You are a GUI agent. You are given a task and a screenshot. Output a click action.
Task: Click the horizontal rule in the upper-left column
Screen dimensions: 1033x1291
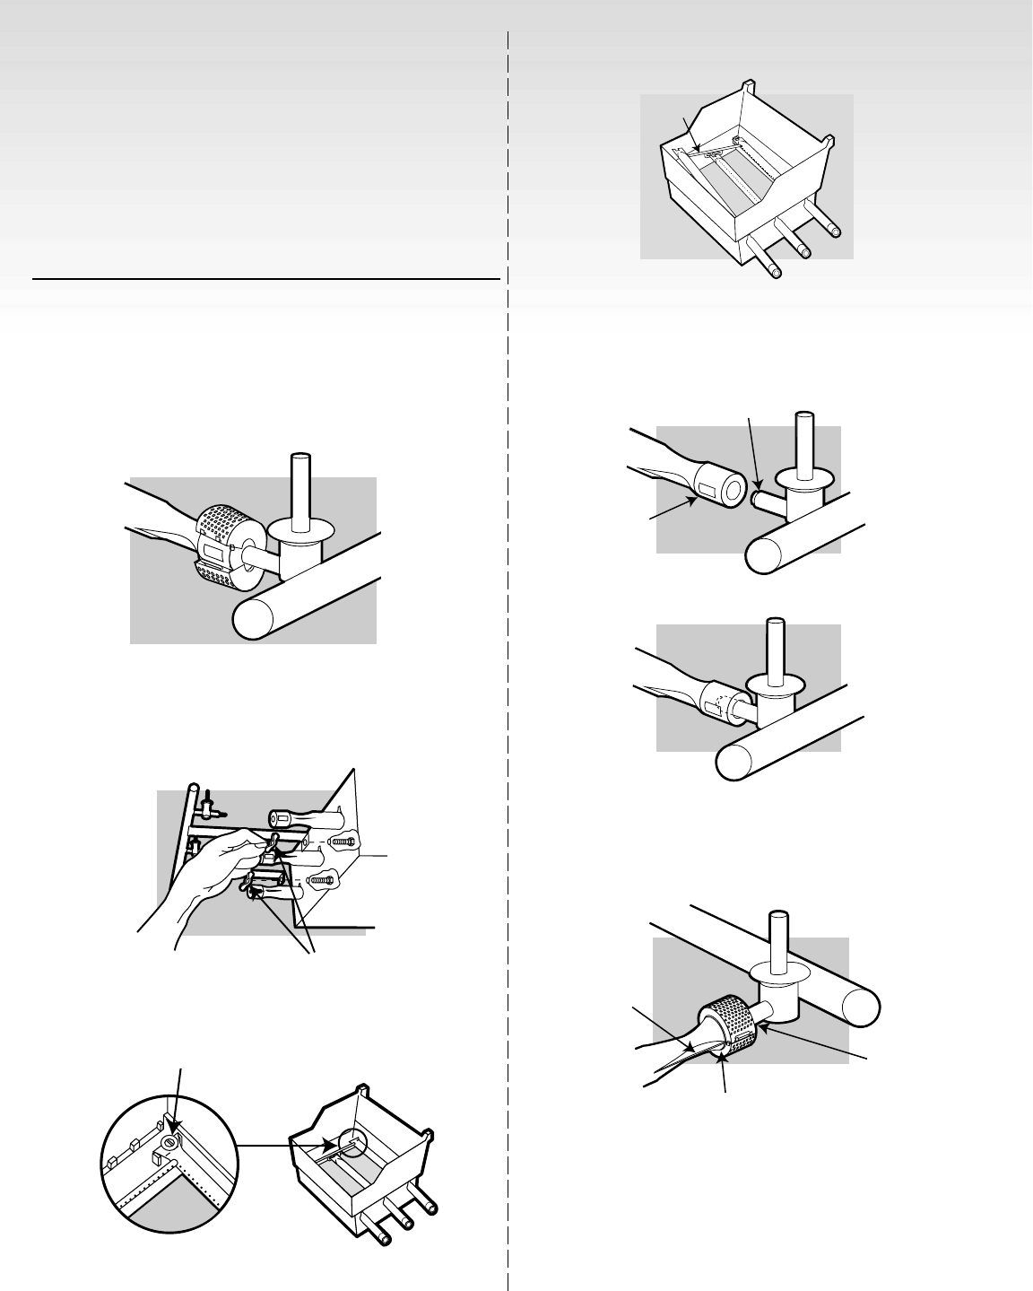coord(265,279)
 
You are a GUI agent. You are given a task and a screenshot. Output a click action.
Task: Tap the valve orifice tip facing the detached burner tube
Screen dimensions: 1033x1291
coord(758,494)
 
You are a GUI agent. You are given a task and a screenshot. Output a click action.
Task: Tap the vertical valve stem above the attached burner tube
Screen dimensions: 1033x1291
coord(771,650)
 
